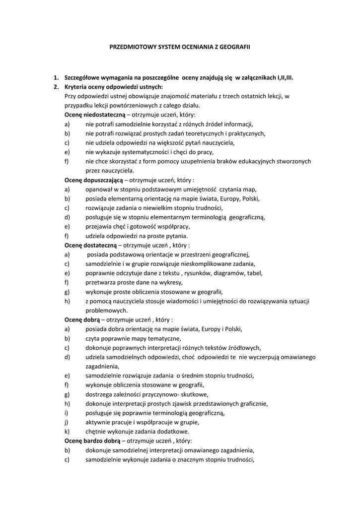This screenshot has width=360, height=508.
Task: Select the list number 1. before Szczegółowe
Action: (x=56, y=77)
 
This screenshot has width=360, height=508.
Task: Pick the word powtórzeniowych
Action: (x=133, y=105)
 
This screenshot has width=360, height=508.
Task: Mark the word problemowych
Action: (x=106, y=311)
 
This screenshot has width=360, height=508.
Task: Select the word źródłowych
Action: (x=243, y=348)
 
